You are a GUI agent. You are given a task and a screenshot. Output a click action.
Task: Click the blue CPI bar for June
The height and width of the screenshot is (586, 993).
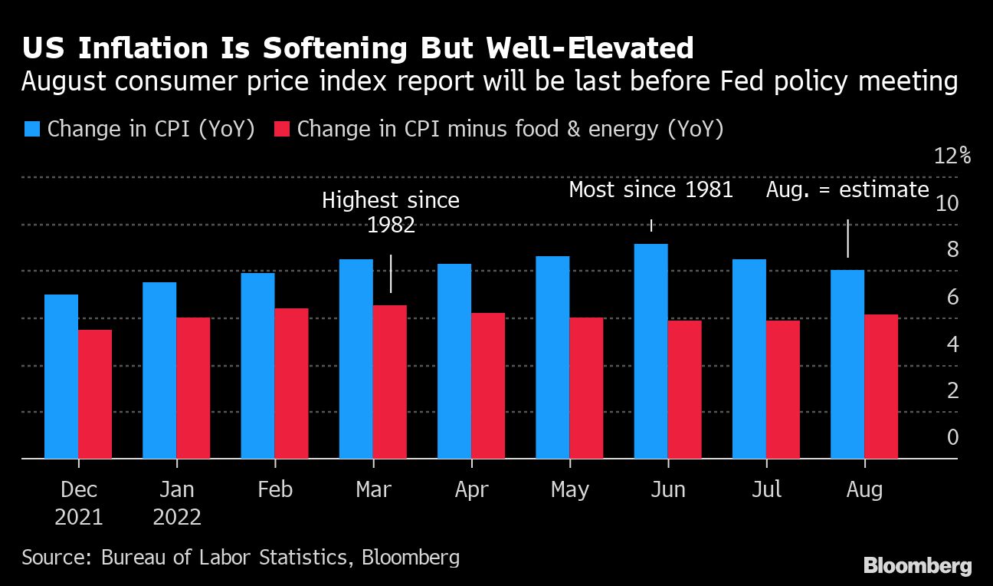coord(651,351)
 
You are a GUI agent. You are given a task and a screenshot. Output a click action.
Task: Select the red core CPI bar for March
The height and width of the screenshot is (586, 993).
coord(390,382)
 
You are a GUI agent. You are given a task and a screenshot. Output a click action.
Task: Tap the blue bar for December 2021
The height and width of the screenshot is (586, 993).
coord(61,377)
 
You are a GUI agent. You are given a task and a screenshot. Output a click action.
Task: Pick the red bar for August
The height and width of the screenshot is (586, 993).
coord(881,387)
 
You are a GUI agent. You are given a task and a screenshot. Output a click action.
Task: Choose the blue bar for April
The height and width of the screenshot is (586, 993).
coord(454,361)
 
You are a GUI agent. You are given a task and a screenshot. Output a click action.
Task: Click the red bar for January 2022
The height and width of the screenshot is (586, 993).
coord(193,388)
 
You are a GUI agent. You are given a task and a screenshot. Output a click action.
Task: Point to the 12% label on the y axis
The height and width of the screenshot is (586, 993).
coord(952,156)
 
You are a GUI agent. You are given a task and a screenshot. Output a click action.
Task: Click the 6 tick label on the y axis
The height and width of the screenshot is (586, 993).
coord(952,297)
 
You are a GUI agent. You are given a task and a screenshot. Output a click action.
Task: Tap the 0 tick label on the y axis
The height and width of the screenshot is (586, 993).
coord(952,437)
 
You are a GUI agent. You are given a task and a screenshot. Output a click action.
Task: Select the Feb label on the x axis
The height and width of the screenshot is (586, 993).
coord(275,489)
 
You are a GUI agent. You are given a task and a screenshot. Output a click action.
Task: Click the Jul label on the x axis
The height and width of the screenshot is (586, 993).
coord(766,489)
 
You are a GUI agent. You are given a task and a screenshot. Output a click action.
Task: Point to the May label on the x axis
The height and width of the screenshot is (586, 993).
coord(569,489)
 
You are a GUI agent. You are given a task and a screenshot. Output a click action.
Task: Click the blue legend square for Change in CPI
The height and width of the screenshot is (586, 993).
coord(32,129)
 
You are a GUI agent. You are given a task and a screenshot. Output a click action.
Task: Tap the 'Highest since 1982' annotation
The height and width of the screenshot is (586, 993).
coord(391,212)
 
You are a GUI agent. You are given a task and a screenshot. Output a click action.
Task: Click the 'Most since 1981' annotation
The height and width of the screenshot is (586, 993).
coord(651,189)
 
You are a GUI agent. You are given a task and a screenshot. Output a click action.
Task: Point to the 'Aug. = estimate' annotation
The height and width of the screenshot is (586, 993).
coord(847,189)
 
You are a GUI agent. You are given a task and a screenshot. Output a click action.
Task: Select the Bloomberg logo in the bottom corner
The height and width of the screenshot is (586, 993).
coord(917,566)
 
